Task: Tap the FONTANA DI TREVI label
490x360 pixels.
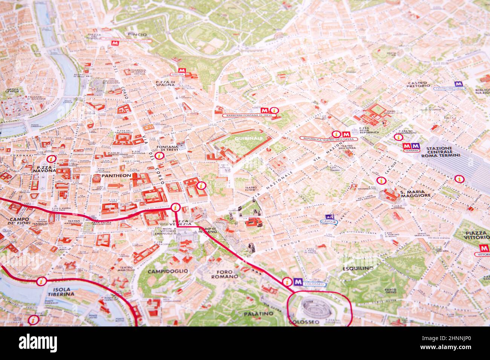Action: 167,149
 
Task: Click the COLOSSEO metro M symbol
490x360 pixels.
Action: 298,281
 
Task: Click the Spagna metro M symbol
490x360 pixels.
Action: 183,70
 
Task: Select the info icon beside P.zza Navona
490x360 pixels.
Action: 52,159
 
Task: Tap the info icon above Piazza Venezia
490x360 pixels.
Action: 175,207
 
